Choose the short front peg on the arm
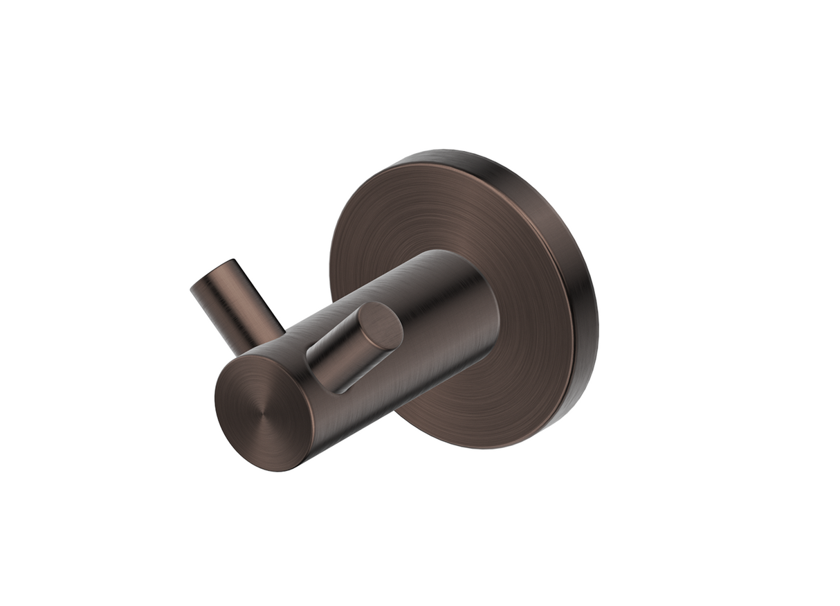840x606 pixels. (349, 346)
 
